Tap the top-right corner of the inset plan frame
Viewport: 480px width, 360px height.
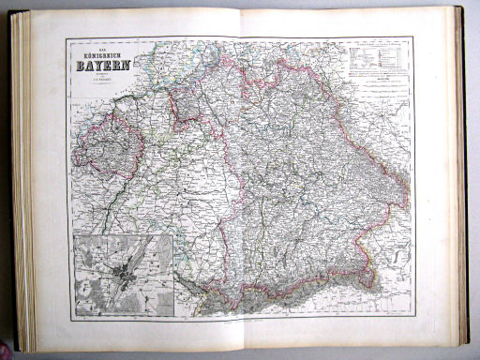tap(173, 235)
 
